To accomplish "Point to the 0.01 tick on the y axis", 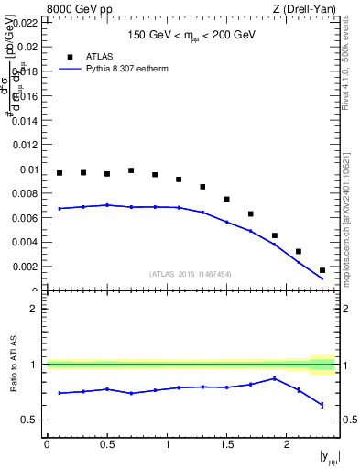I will pyautogui.click(x=28, y=169).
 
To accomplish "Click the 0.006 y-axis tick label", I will pyautogui.click(x=26, y=218).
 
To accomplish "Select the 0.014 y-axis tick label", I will pyautogui.click(x=26, y=120).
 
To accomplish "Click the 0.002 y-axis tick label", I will pyautogui.click(x=26, y=267).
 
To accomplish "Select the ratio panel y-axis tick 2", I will pyautogui.click(x=34, y=309).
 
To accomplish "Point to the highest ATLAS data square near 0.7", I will pyautogui.click(x=131, y=170).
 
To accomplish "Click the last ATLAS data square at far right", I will pyautogui.click(x=322, y=270).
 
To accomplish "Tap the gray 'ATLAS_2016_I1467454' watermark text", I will pyautogui.click(x=191, y=274).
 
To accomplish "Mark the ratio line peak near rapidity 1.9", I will pyautogui.click(x=275, y=378).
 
